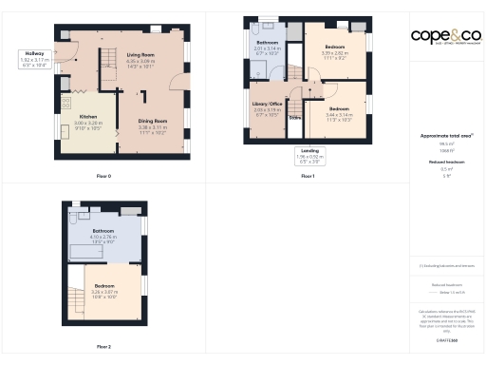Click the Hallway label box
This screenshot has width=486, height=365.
35,61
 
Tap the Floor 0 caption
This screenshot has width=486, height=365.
104,176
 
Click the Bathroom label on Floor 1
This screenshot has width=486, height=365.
268,48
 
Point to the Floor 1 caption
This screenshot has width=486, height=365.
308,176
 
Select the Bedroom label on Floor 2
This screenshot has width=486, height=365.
105,293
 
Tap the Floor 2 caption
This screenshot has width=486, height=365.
104,347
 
